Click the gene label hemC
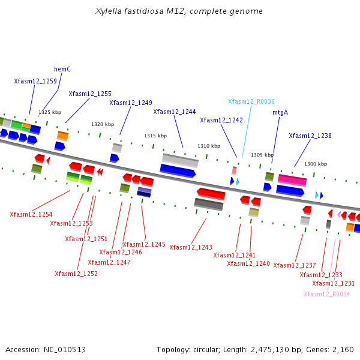[x=62, y=69]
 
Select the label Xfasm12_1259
[x=35, y=81]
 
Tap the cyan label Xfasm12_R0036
[x=251, y=101]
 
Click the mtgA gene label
[x=280, y=112]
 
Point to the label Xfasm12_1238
[x=310, y=136]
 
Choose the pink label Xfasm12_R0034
[x=326, y=294]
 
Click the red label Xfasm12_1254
[x=31, y=214]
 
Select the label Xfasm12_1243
[x=191, y=247]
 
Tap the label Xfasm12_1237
[x=294, y=265]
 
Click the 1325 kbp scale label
[x=50, y=112]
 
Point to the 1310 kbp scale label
[x=209, y=146]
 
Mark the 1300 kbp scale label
[x=316, y=164]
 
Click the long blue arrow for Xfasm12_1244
[x=178, y=171]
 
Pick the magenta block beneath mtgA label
[x=292, y=180]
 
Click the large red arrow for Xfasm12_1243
[x=211, y=194]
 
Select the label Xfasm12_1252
[x=76, y=274]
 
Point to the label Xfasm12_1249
[x=131, y=103]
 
